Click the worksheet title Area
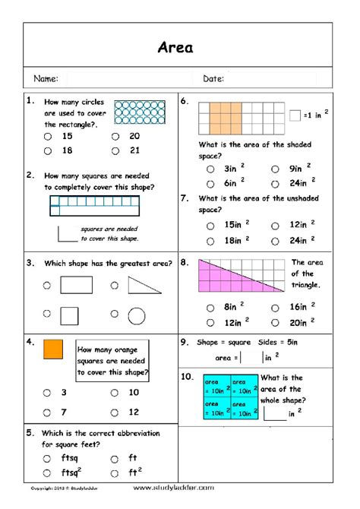pyautogui.click(x=175, y=48)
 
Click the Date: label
pyautogui.click(x=213, y=78)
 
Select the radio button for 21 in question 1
pyautogui.click(x=115, y=150)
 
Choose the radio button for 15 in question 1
pyautogui.click(x=48, y=137)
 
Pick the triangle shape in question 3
pyautogui.click(x=144, y=286)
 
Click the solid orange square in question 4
pyautogui.click(x=52, y=349)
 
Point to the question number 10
pyautogui.click(x=187, y=376)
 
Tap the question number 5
pyautogui.click(x=29, y=432)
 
